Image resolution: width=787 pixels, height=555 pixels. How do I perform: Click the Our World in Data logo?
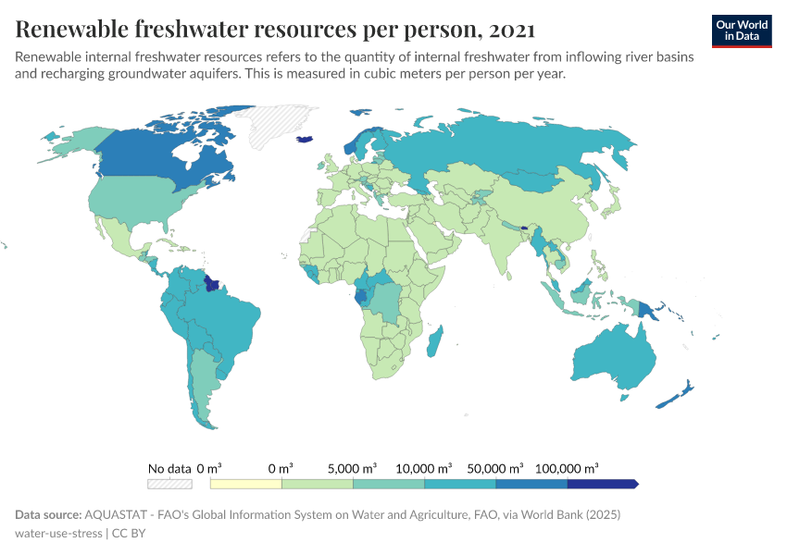coord(741,30)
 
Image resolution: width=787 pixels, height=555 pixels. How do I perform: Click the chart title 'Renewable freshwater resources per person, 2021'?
coord(274,30)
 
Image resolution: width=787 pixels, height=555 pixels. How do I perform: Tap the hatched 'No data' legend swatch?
coord(169,484)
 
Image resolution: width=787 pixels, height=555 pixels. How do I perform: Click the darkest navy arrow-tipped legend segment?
coord(602,484)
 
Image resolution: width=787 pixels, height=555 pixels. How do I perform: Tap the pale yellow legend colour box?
coord(246,484)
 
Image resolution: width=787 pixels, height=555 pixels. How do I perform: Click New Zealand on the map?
coord(681,392)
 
